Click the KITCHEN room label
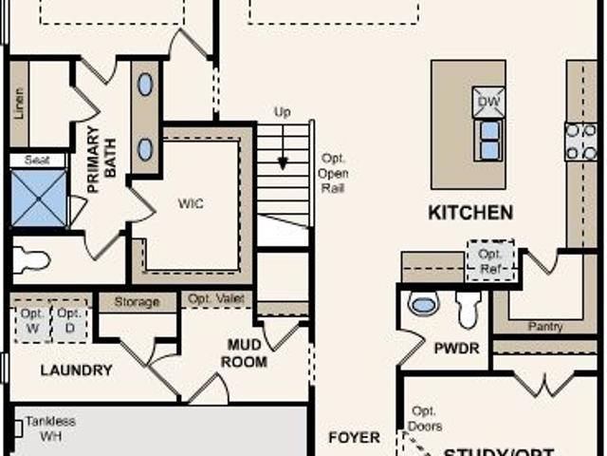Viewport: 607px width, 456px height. point(470,213)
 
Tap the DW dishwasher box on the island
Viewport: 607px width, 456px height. point(488,101)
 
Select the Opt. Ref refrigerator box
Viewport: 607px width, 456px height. point(490,260)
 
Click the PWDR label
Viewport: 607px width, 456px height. point(455,349)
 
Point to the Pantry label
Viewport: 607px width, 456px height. point(545,327)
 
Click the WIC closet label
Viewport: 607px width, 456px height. point(191,204)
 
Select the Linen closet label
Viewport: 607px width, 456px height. point(19,104)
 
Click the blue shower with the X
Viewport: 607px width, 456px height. point(38,199)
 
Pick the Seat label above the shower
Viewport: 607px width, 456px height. point(37,161)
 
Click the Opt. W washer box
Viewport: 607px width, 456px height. point(33,320)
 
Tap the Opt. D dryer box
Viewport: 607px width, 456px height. point(68,320)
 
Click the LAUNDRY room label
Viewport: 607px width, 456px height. point(76,370)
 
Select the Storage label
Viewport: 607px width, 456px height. point(137,302)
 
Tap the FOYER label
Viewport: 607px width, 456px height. point(354,438)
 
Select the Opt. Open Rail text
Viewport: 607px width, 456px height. point(334,173)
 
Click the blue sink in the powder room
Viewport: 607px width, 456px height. point(423,304)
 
